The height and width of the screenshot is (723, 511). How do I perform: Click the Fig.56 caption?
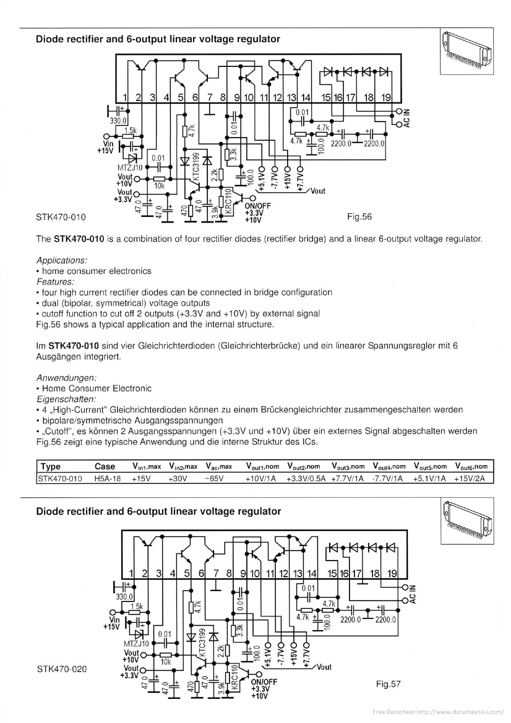tap(359, 217)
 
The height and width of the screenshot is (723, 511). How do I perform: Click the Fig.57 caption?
tap(388, 684)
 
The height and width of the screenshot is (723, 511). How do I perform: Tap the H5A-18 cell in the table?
tap(108, 479)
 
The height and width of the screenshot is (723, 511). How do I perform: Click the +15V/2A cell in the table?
tap(470, 479)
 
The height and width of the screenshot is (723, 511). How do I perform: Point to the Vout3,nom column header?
tap(348, 466)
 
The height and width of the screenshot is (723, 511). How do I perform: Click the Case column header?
tap(105, 466)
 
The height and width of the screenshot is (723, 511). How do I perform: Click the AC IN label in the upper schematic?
tap(407, 118)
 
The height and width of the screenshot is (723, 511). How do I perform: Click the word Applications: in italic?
tap(61, 260)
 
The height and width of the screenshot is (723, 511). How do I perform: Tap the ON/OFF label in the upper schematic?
tap(258, 206)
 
